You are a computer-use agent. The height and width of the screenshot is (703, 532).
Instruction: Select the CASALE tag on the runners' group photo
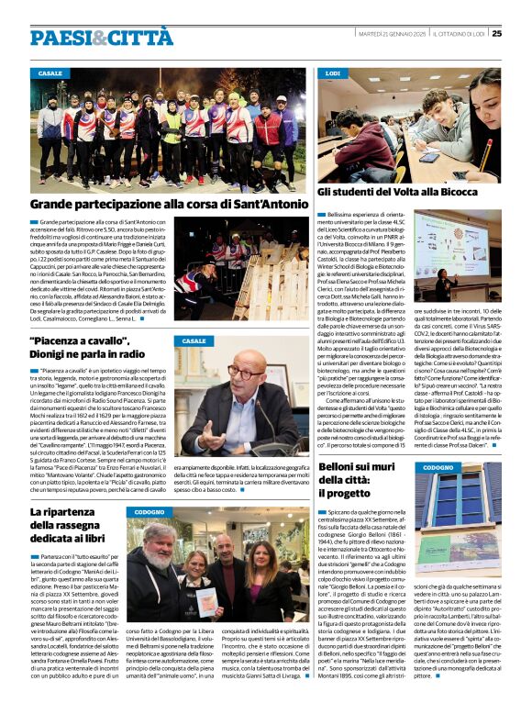click(x=51, y=73)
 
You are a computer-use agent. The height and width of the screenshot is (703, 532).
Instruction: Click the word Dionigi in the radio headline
click(x=54, y=352)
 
